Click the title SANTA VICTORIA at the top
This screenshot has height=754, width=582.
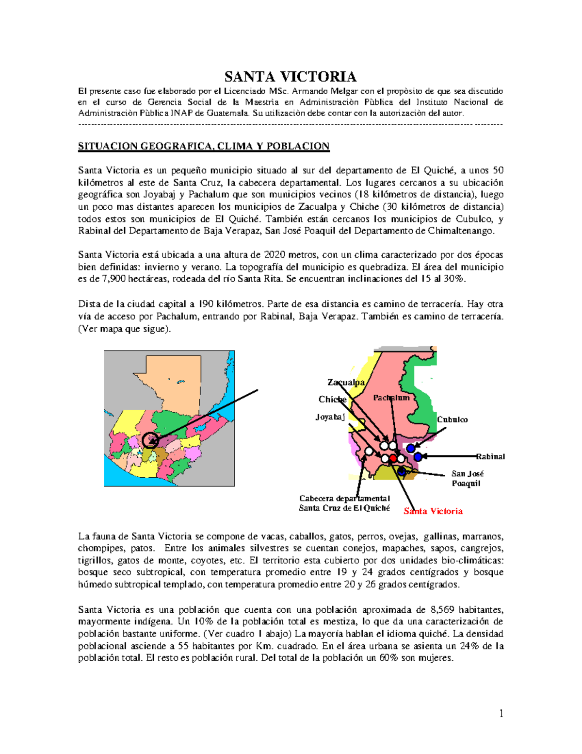(290, 77)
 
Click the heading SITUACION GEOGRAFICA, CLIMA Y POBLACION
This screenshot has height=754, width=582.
(204, 146)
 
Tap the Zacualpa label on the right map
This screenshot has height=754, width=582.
(346, 383)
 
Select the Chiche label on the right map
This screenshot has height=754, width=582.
(332, 400)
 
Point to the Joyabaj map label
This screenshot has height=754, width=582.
(330, 417)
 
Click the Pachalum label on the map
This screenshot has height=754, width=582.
(391, 398)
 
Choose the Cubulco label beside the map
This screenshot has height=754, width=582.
(452, 419)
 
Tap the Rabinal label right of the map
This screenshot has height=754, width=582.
(490, 456)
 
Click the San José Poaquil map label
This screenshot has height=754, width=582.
(467, 478)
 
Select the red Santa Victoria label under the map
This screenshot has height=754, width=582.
(433, 511)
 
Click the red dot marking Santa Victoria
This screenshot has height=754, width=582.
(393, 459)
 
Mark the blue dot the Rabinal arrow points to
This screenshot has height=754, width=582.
(418, 456)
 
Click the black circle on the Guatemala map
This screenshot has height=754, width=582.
(151, 440)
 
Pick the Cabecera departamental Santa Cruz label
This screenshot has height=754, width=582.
(344, 503)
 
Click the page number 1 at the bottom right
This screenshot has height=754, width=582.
(501, 713)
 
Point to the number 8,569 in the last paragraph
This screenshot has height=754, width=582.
(442, 610)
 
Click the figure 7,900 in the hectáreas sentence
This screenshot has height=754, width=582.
(114, 279)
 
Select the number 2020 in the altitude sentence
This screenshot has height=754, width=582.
(275, 255)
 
